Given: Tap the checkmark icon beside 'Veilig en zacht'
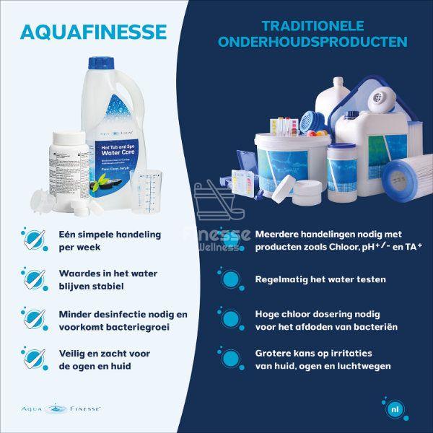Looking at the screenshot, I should (x=33, y=359).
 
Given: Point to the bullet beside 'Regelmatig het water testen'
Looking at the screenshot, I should (x=230, y=279).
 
